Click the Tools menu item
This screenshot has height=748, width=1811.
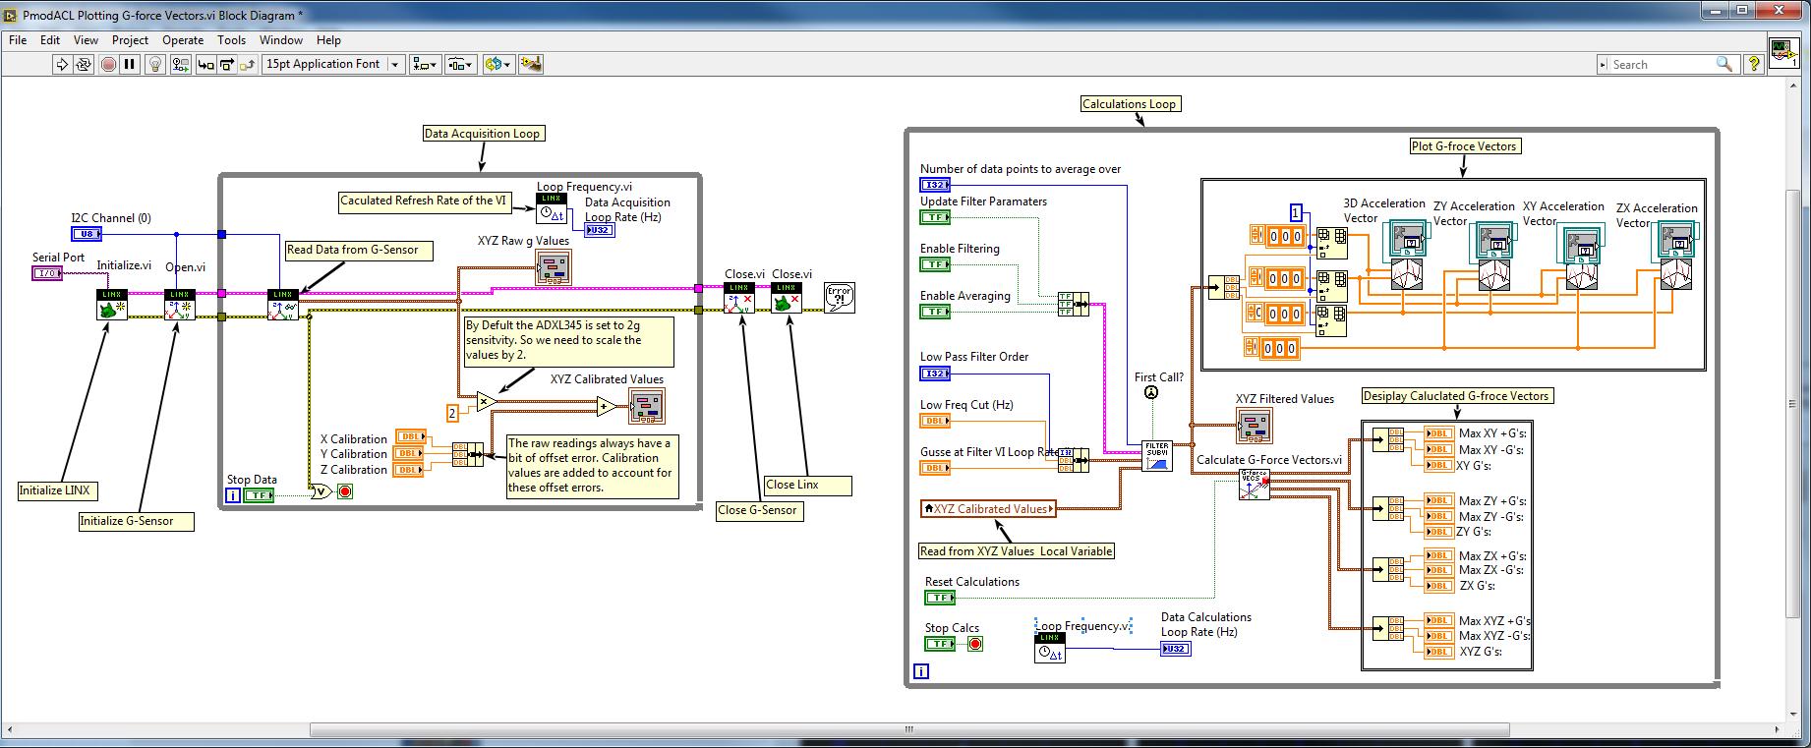231,40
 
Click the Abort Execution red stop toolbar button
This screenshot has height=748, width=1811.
109,64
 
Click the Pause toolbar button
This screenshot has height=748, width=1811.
130,64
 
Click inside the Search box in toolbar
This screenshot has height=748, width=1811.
1662,65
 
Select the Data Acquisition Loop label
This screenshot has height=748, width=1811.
482,134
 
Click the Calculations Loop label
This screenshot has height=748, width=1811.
1129,104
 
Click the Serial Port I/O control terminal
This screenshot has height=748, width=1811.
47,273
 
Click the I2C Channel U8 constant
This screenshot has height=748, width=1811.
86,234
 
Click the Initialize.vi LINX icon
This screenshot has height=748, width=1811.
112,305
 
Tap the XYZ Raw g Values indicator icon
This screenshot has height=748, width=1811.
553,267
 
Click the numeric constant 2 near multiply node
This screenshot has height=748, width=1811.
452,413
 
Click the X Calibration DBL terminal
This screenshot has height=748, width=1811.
410,436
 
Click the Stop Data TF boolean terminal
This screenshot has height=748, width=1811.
259,495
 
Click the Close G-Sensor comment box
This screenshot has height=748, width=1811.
758,510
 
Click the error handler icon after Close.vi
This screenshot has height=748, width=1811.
839,298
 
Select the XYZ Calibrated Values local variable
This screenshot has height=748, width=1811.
988,509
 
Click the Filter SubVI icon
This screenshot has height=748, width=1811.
1157,456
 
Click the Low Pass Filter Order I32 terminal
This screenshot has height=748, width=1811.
934,374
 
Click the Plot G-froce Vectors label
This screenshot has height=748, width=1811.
1464,146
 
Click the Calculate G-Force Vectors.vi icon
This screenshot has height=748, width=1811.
1254,485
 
